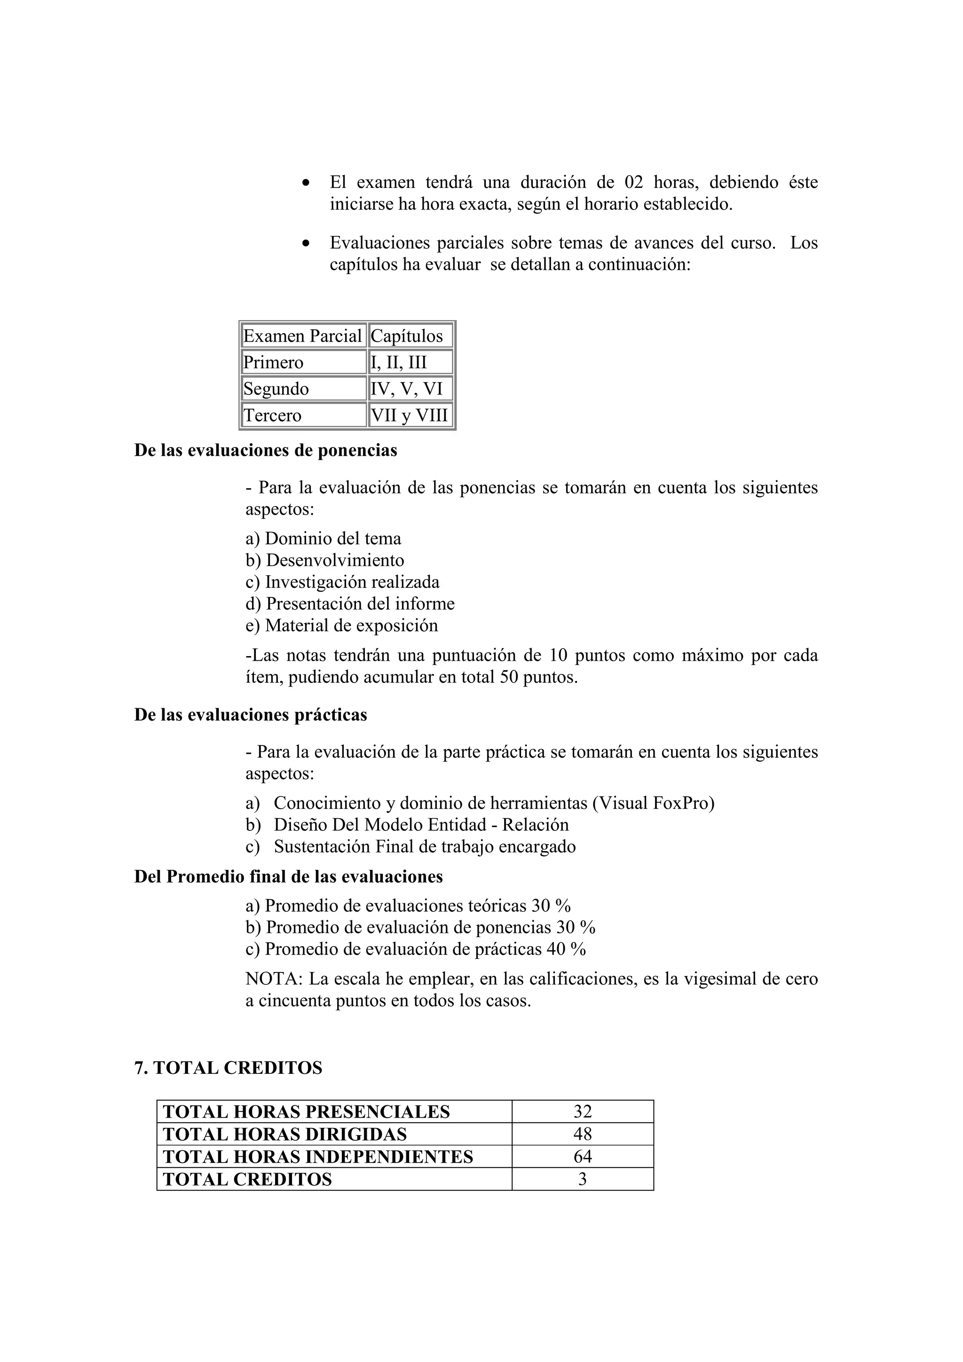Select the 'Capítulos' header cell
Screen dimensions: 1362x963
pyautogui.click(x=407, y=337)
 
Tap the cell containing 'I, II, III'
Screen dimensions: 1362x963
pyautogui.click(x=399, y=362)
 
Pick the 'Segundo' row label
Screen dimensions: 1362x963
pyautogui.click(x=276, y=389)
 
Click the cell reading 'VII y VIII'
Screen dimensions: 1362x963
pyautogui.click(x=409, y=415)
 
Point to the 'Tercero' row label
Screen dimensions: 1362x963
pyautogui.click(x=273, y=415)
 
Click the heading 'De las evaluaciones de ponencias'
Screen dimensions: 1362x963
pyautogui.click(x=265, y=450)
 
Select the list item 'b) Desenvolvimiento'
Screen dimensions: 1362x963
pyautogui.click(x=324, y=561)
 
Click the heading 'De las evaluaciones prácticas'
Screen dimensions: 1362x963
pyautogui.click(x=251, y=715)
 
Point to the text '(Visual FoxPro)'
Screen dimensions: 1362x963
pyautogui.click(x=653, y=803)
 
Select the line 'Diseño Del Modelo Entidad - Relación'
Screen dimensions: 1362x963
pyautogui.click(x=421, y=825)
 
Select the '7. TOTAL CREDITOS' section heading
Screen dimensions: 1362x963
pyautogui.click(x=228, y=1068)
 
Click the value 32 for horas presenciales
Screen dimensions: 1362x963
pyautogui.click(x=582, y=1112)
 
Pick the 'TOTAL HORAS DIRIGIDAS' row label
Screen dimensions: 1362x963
pyautogui.click(x=285, y=1134)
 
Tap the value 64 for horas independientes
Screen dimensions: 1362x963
pyautogui.click(x=582, y=1157)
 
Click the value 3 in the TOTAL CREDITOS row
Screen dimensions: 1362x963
pyautogui.click(x=582, y=1179)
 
